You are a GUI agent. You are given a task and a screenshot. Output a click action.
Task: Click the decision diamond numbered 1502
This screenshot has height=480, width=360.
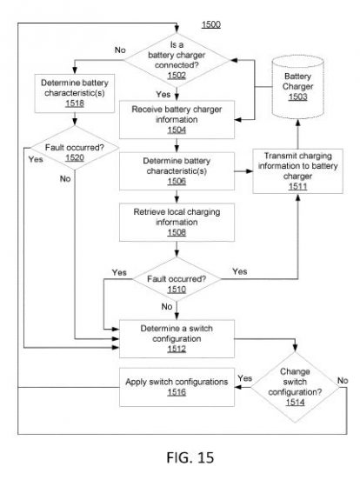point(177,60)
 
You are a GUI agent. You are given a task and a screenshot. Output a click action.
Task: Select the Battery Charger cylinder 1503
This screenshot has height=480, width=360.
point(298,87)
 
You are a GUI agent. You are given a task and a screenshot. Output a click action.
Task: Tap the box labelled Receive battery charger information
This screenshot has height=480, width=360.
point(177,119)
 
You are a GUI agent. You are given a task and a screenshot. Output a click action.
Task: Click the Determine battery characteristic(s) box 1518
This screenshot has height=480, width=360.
point(75,93)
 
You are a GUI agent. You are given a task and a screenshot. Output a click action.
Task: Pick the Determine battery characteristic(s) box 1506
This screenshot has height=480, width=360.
point(177,171)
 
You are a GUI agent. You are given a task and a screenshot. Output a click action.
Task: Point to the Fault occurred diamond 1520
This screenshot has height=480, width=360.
point(75,148)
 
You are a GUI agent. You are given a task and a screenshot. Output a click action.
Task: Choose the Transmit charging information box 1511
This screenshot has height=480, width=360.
point(297,171)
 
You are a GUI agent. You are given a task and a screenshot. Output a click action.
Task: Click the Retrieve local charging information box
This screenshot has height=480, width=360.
point(177,223)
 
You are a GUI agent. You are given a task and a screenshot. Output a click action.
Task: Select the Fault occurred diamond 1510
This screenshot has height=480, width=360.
point(177,279)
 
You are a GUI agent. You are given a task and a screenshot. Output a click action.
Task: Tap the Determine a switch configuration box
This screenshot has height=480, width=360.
point(177,338)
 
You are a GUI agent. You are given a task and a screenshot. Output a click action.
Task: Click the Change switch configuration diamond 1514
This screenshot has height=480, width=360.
point(295,387)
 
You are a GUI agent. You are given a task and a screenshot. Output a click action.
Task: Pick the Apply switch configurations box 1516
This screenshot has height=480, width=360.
point(177,387)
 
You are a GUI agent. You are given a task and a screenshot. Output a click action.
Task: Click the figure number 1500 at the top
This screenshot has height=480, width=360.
point(211,24)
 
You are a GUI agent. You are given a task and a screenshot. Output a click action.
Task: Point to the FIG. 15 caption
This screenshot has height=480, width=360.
point(190,457)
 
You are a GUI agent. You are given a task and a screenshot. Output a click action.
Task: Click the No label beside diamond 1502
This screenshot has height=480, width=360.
point(120,50)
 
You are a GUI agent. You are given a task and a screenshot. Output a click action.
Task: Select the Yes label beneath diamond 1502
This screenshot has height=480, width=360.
point(163,94)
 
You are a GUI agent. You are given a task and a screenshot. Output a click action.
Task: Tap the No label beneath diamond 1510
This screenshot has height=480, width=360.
point(167,306)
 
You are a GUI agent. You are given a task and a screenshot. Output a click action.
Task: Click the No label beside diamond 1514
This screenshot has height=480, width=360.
point(343,381)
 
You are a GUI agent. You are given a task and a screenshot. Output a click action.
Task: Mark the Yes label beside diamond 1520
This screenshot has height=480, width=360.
point(36,159)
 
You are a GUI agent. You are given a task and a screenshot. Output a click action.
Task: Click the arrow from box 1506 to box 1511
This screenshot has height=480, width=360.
point(243,171)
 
